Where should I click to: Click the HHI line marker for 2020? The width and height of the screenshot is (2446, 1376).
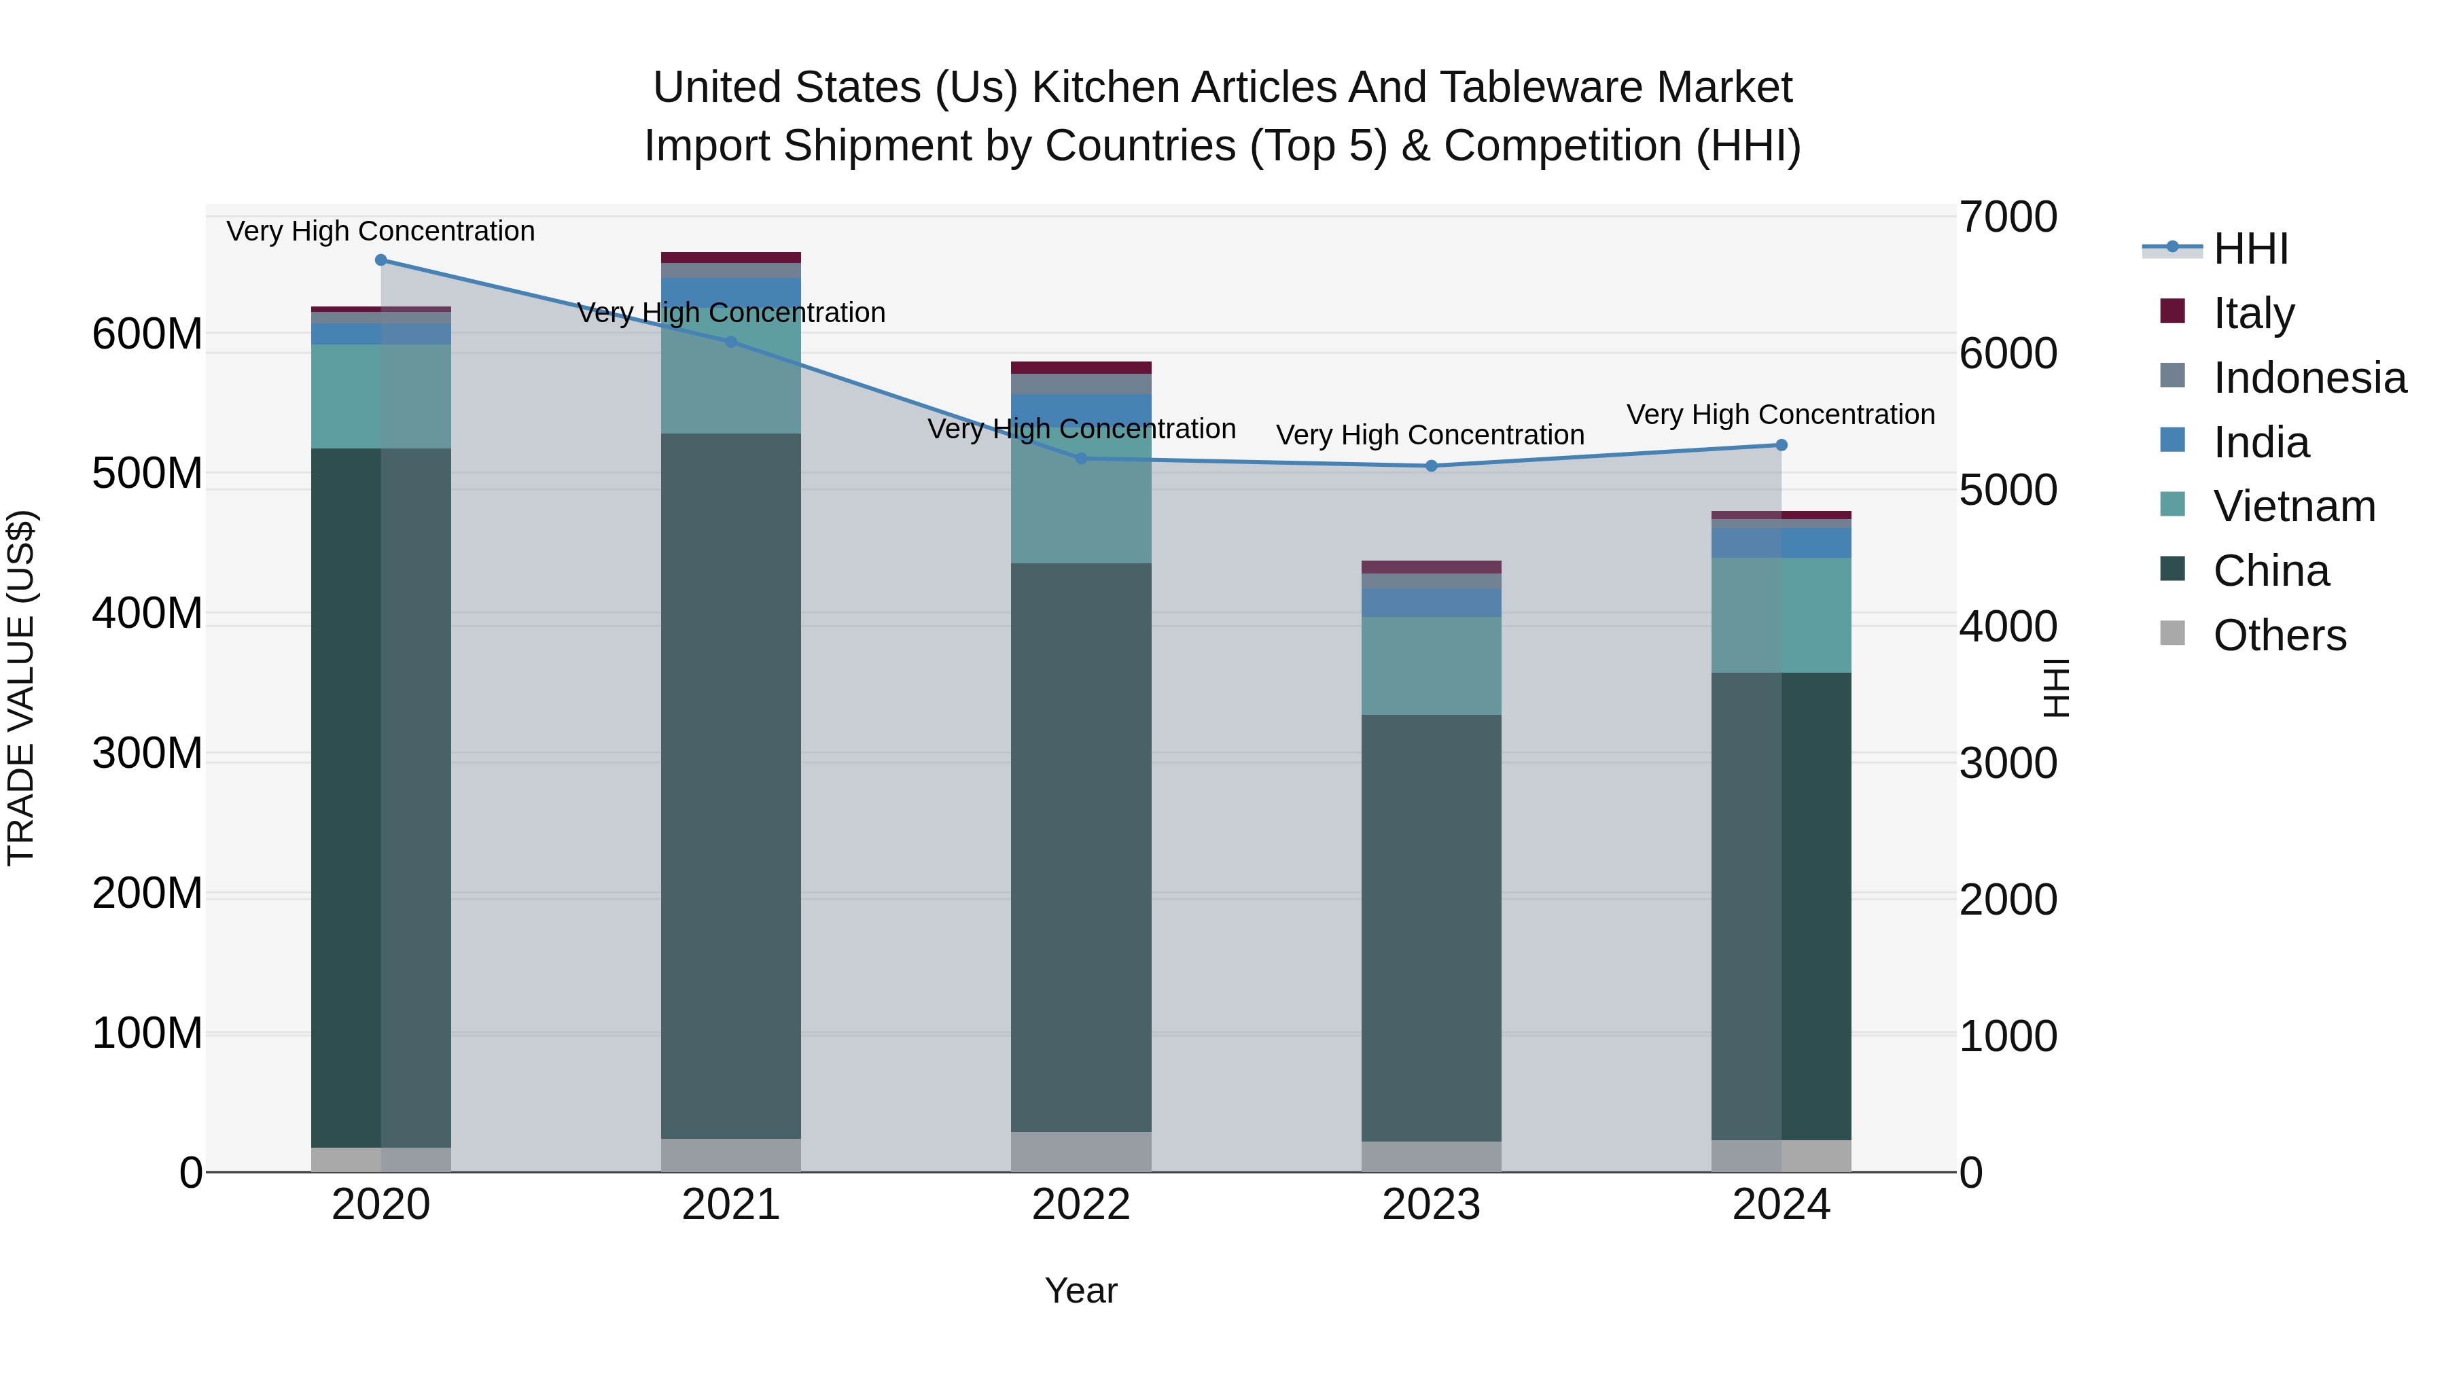coord(380,260)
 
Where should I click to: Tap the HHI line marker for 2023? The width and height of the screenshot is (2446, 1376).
coord(1432,466)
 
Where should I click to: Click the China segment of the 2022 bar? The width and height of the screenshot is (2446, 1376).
coord(1080,845)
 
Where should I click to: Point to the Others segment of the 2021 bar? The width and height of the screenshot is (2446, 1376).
coord(731,1154)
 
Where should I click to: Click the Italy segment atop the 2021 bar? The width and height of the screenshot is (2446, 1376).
coord(731,258)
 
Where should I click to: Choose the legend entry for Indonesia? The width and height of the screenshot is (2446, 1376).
coord(2309,378)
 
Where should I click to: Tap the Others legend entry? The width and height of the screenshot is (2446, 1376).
coord(2279,635)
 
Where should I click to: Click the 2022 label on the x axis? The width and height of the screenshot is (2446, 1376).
coord(1080,1205)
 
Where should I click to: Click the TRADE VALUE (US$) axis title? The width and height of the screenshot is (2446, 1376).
coord(21,688)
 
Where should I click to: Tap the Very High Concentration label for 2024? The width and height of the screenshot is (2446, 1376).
coord(1780,415)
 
